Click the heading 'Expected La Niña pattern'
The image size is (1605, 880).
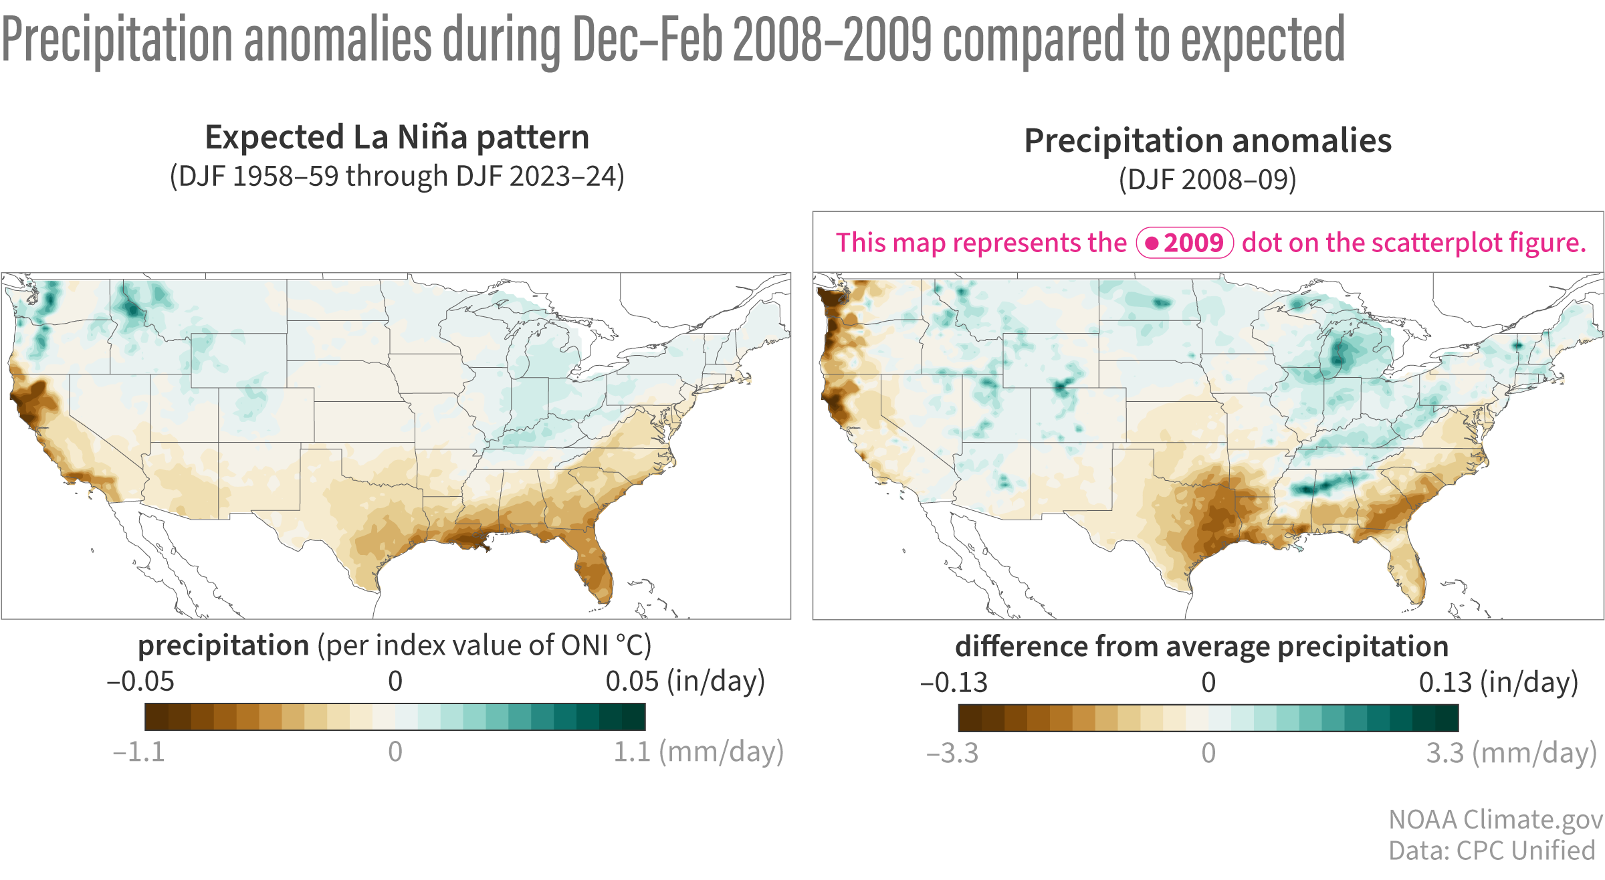(397, 138)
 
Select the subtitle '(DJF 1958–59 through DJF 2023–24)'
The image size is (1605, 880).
(397, 177)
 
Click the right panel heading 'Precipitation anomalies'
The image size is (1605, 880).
(1208, 141)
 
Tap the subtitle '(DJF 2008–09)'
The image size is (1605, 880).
(1208, 180)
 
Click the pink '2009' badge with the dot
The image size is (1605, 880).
(1185, 243)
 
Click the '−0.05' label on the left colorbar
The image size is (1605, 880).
(140, 681)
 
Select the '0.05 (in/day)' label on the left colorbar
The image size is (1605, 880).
(685, 681)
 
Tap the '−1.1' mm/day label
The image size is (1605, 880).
(138, 752)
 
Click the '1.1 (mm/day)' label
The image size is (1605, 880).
(698, 752)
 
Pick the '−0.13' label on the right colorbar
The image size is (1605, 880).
(954, 683)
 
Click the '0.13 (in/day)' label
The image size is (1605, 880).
(1498, 683)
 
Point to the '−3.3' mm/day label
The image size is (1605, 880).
(952, 754)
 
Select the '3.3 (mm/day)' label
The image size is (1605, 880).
(1511, 754)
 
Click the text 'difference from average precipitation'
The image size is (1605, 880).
(1202, 647)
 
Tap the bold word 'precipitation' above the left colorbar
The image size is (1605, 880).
(223, 646)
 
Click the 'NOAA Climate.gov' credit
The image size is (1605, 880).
(1495, 820)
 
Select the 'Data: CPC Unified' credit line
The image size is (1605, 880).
(1492, 851)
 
